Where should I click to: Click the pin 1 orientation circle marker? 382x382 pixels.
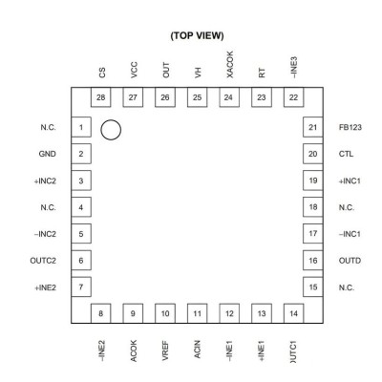(x=111, y=120)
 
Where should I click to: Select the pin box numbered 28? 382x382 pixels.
(x=101, y=97)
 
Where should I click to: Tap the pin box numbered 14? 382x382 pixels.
(x=293, y=313)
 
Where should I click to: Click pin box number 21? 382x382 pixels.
(x=313, y=127)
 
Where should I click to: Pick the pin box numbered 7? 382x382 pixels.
(x=81, y=287)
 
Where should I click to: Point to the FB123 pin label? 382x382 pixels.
(x=350, y=127)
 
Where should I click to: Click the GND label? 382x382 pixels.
(x=47, y=154)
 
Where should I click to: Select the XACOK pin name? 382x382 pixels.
(x=229, y=64)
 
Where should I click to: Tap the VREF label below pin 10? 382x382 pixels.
(x=165, y=350)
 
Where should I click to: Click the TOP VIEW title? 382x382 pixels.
(x=197, y=35)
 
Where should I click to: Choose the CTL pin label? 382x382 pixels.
(x=346, y=154)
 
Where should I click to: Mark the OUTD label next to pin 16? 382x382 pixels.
(x=350, y=261)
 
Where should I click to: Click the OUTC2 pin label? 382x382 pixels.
(x=43, y=261)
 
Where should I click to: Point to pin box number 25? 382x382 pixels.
(x=197, y=97)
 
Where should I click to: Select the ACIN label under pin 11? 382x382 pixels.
(x=198, y=350)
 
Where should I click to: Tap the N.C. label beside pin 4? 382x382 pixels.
(x=48, y=207)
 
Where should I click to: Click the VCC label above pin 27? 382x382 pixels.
(x=134, y=70)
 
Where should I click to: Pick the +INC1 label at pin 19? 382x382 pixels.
(x=350, y=181)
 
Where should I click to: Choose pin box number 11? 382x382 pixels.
(x=197, y=313)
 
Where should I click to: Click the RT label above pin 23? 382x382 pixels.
(x=262, y=74)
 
